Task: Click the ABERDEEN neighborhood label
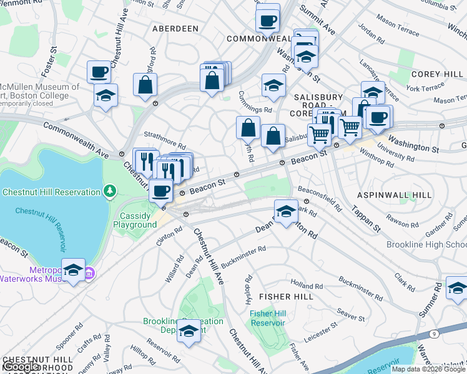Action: pyautogui.click(x=175, y=29)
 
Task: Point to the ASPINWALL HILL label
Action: pyautogui.click(x=394, y=195)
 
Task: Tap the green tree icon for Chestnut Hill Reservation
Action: pyautogui.click(x=110, y=189)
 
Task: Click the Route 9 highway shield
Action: pyautogui.click(x=433, y=335)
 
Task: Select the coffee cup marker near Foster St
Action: pyautogui.click(x=99, y=72)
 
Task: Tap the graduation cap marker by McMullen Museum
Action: pyautogui.click(x=106, y=96)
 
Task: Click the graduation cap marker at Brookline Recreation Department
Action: pyautogui.click(x=189, y=330)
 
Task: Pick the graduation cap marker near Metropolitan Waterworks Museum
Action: pyautogui.click(x=73, y=271)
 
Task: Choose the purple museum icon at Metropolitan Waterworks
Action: pyautogui.click(x=89, y=273)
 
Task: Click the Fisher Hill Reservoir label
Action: pyautogui.click(x=268, y=318)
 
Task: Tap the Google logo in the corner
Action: pyautogui.click(x=21, y=367)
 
